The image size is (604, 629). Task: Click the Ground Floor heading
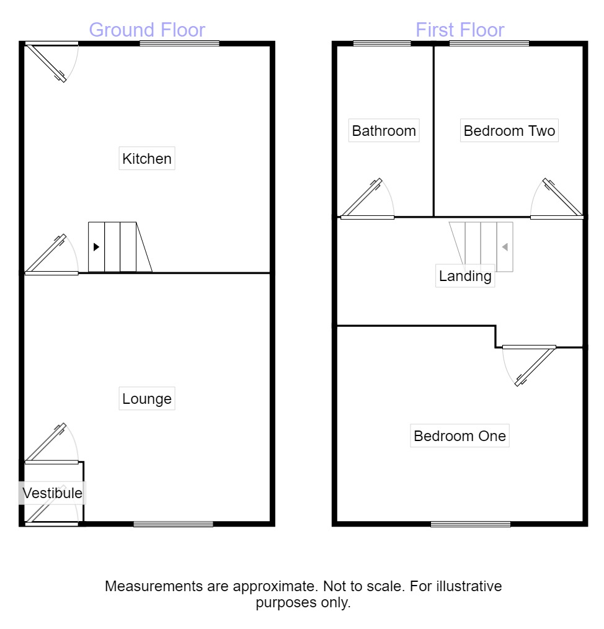[147, 30]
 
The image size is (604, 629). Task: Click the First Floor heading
[460, 30]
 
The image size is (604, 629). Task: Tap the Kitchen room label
[147, 159]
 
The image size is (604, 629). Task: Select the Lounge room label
[147, 398]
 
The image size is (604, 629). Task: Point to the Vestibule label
[53, 493]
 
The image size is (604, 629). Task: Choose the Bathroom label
[384, 131]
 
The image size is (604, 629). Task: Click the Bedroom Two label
[509, 131]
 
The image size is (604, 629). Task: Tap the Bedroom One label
[460, 435]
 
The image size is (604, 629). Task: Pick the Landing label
[465, 276]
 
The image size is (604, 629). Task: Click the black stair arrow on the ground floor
[96, 247]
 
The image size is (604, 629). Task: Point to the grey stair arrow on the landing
[505, 247]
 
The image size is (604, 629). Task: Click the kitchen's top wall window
[179, 43]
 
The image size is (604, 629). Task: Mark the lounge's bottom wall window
[173, 524]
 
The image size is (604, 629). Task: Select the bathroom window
[382, 43]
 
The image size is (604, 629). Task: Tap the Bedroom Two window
[489, 43]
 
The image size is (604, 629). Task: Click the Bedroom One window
[471, 524]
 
